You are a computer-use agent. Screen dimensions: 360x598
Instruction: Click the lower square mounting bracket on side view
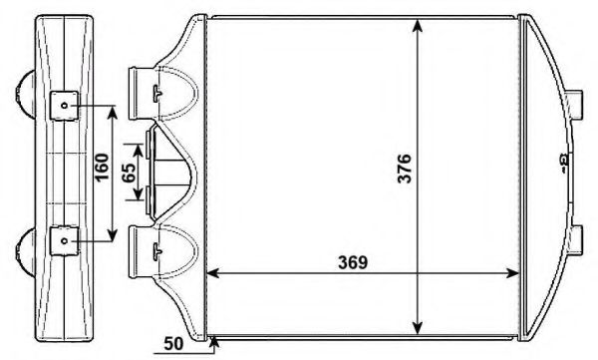(x=63, y=240)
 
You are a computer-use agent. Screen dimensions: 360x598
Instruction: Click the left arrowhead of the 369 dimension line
(x=210, y=273)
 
